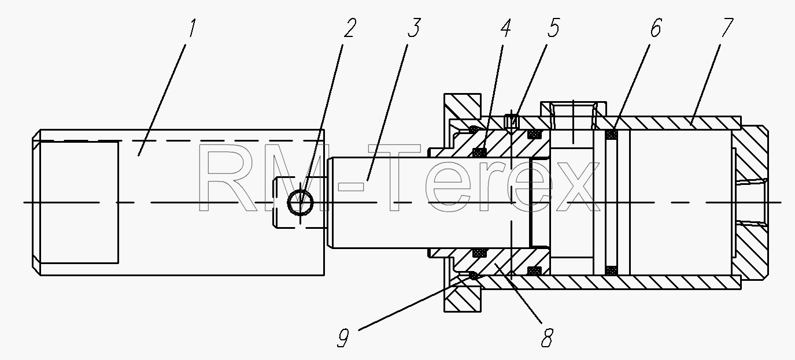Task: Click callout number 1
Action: pos(192,28)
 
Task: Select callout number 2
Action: pos(349,28)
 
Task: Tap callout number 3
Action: pos(413,28)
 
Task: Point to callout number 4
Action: pos(506,28)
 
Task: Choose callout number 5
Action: pos(553,28)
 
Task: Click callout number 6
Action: pos(656,28)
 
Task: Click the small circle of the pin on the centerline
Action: pos(300,202)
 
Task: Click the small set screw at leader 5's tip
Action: pos(511,121)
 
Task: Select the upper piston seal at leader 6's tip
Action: pos(611,135)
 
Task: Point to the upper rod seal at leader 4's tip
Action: pos(479,153)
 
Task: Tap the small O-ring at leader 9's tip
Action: pos(473,275)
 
